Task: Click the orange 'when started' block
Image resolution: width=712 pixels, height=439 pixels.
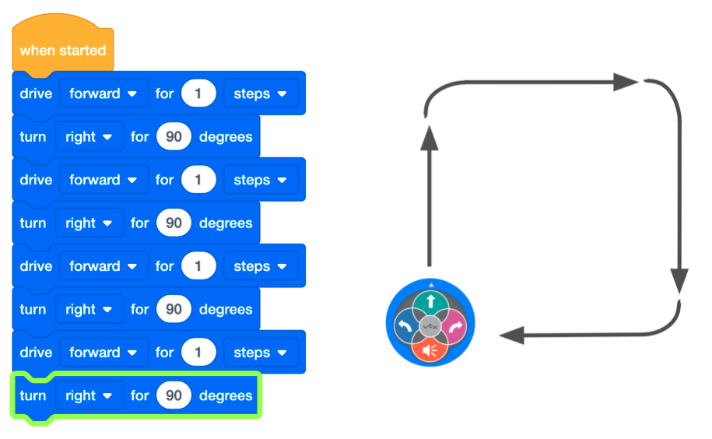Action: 62,51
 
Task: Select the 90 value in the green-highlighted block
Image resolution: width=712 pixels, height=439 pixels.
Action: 174,395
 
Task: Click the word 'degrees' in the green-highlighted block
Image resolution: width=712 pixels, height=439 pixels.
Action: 226,395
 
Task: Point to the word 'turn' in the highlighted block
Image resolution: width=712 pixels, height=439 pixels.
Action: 33,395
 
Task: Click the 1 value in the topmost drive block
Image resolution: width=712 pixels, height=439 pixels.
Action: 198,93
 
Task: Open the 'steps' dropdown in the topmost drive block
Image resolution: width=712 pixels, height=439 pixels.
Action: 260,93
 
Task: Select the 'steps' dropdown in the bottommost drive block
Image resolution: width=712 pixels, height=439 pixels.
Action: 260,353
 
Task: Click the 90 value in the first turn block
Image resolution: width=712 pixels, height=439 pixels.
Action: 174,137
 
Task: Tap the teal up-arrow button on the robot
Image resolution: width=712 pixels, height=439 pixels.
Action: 430,301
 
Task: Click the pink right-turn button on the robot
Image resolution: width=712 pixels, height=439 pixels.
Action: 453,325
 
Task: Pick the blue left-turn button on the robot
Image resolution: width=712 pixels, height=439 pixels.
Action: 406,325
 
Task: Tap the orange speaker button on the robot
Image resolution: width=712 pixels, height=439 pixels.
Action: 430,349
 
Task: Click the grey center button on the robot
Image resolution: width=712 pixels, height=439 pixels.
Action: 430,325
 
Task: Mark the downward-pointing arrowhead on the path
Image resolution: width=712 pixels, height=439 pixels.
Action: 679,279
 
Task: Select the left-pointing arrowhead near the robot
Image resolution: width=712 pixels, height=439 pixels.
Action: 511,335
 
